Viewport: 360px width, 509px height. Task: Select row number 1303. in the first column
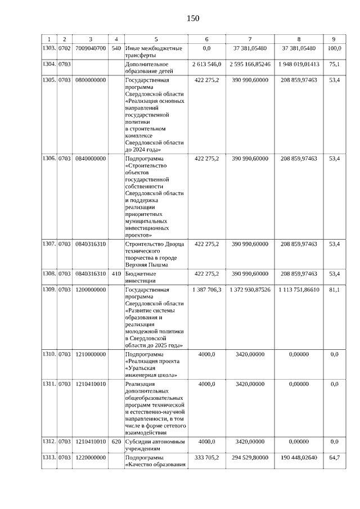49,49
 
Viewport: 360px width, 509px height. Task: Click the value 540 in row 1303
116,49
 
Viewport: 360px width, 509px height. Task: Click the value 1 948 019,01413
298,65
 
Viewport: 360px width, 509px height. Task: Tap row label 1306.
49,159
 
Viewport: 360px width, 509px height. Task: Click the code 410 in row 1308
116,274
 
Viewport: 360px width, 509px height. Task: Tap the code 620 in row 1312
116,442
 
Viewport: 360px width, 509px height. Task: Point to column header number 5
156,39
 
